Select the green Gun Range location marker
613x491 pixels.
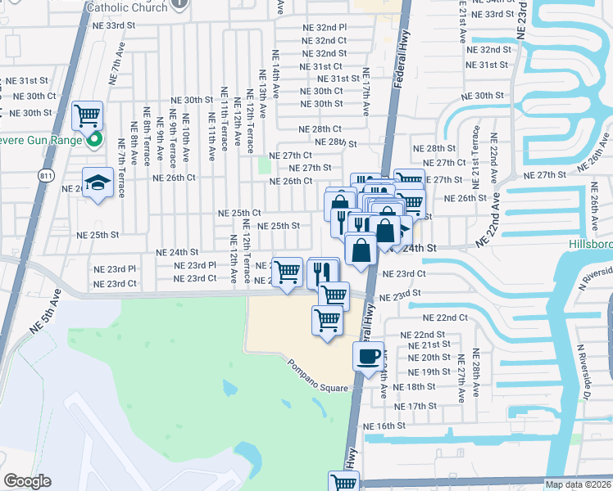(94, 139)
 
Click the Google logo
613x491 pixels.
(27, 481)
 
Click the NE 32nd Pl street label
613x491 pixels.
(325, 27)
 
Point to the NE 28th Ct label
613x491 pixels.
(320, 129)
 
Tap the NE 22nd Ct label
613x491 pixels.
(445, 318)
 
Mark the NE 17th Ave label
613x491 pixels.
(366, 91)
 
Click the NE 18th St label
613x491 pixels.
(414, 387)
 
